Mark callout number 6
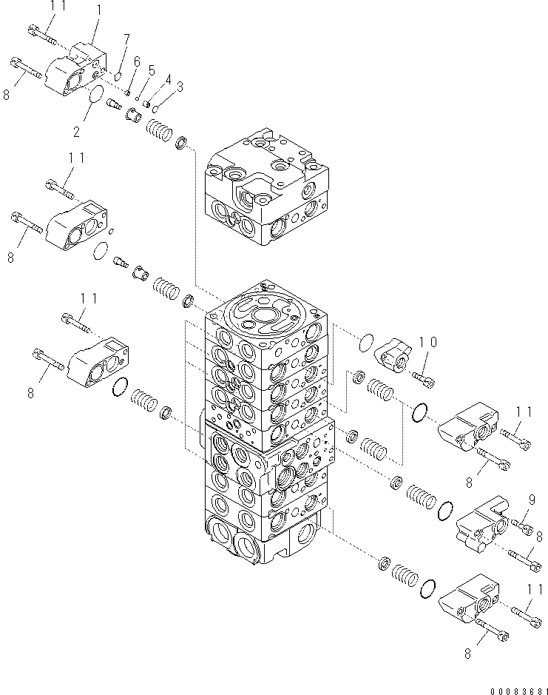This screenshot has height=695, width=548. click(x=136, y=61)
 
